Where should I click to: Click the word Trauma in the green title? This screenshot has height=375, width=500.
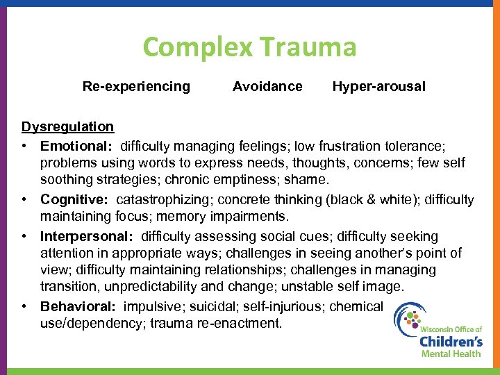click(308, 47)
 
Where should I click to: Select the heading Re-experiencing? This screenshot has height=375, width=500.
click(136, 87)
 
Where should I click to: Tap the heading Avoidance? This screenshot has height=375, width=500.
click(267, 87)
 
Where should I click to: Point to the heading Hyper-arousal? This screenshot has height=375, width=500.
click(379, 87)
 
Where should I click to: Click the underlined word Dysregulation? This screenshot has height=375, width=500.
click(67, 126)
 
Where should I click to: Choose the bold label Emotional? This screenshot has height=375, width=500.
click(76, 147)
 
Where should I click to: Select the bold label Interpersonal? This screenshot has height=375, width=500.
click(87, 237)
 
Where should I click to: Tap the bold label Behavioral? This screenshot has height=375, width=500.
click(78, 306)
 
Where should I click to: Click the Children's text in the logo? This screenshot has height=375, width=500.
click(451, 341)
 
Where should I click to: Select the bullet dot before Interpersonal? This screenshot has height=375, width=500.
click(24, 237)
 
